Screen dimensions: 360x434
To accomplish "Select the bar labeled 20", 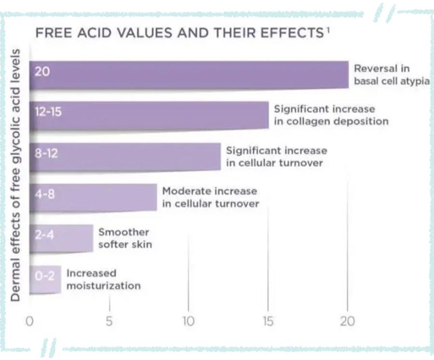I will click(x=189, y=75).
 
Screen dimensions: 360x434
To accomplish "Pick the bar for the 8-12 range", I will click(x=125, y=157).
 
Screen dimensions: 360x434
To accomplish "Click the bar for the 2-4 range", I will click(x=61, y=238).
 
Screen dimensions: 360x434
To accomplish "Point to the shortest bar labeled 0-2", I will click(x=45, y=279).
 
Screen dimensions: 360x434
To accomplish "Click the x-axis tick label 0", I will click(x=30, y=321).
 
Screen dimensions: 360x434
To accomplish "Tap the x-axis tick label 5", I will click(x=109, y=321).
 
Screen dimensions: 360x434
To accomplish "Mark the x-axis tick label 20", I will click(x=347, y=321).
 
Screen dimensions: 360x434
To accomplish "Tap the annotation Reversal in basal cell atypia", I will click(x=391, y=75).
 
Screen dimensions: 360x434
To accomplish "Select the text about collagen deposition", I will click(x=331, y=115).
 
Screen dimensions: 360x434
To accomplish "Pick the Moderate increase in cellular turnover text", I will click(x=210, y=197).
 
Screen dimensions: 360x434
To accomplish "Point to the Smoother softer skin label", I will click(x=125, y=238).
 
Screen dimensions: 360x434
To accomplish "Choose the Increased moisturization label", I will click(x=103, y=279).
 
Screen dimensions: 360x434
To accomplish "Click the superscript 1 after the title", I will click(x=327, y=30).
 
